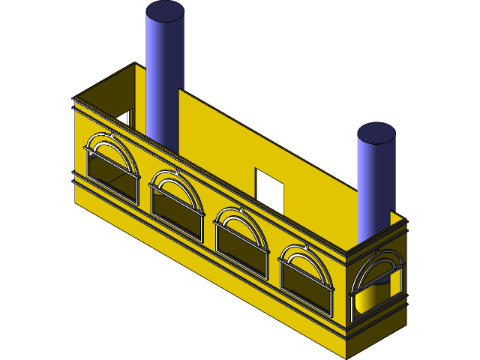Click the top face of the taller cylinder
coord(165,11)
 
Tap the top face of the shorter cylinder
coord(376,133)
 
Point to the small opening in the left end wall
coord(121,118)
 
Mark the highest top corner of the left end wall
coord(135,64)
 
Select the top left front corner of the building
coord(73,98)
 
